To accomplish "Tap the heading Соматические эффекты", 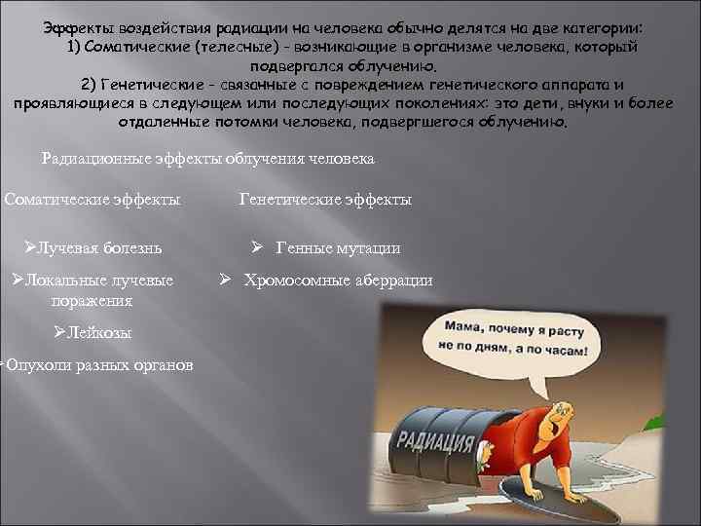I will [92, 200].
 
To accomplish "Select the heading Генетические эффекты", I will [325, 200].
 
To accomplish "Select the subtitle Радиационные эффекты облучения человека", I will [208, 158].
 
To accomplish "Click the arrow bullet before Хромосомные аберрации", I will [224, 281].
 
